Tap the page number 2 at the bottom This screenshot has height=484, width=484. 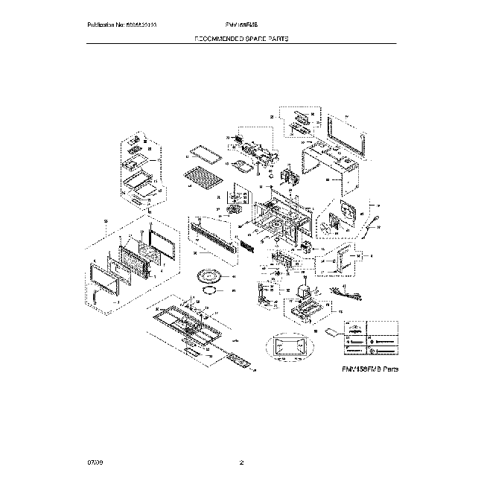(241, 464)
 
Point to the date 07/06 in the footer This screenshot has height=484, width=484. (93, 464)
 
